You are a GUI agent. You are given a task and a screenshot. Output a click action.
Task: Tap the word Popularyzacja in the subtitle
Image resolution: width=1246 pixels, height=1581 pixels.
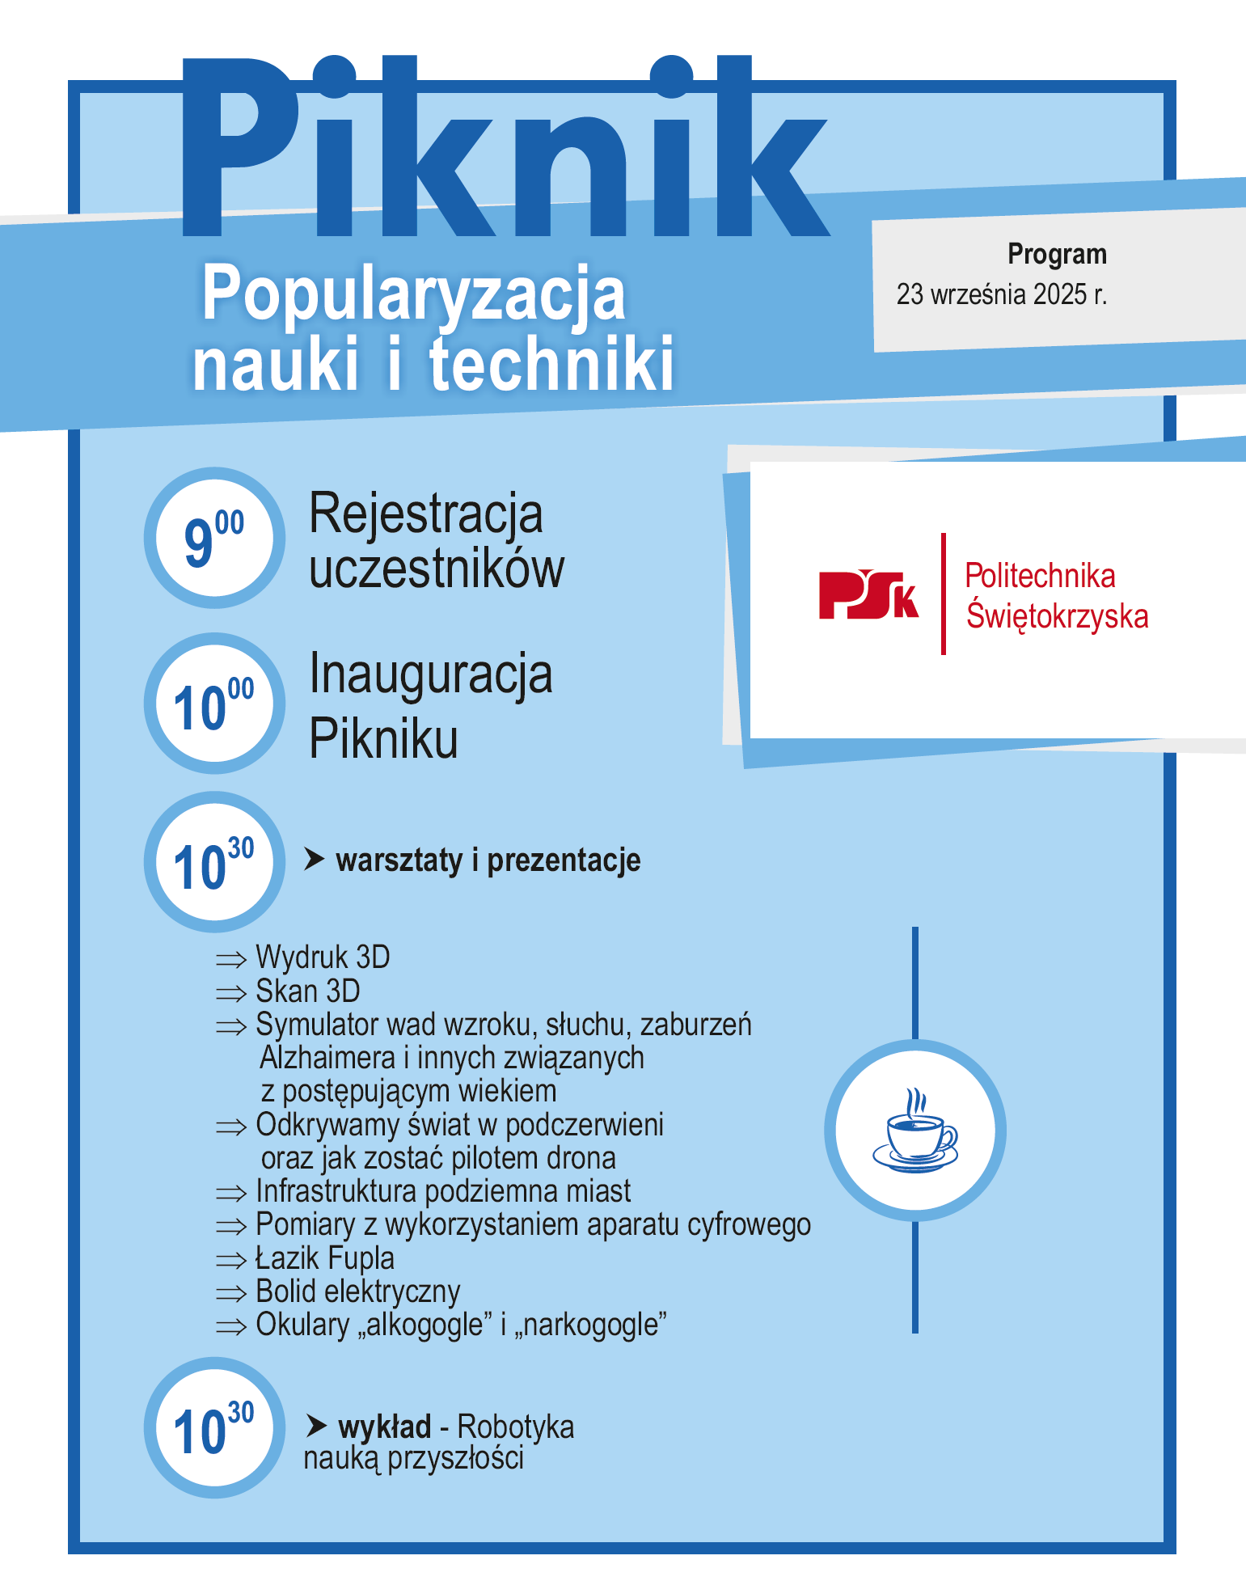click(413, 294)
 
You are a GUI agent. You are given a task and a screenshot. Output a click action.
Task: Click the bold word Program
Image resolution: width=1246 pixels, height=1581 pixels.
click(1056, 254)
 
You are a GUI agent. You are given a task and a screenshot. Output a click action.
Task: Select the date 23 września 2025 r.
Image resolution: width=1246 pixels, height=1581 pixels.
click(1001, 294)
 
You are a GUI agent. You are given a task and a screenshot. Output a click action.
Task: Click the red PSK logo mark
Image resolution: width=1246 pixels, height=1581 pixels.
click(868, 594)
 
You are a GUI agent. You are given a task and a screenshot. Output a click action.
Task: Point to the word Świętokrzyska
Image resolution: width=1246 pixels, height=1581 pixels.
click(1057, 615)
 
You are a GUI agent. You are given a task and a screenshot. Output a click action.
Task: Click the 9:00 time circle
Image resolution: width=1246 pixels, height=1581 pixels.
click(214, 538)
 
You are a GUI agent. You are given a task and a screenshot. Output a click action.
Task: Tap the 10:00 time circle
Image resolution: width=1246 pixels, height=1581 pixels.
click(214, 704)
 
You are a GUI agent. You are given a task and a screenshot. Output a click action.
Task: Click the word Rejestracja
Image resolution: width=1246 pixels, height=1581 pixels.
click(425, 514)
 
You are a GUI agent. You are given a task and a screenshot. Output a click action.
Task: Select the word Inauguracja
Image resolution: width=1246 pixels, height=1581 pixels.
click(430, 674)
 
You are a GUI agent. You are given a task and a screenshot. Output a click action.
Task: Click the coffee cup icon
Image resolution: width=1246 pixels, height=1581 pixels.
click(915, 1131)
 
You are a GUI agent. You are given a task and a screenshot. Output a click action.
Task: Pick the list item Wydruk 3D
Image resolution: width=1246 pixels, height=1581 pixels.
click(323, 957)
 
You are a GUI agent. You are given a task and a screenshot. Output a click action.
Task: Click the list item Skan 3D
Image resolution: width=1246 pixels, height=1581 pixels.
click(307, 991)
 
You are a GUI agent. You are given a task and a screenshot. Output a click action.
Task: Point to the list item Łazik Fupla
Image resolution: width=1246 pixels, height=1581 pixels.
click(325, 1258)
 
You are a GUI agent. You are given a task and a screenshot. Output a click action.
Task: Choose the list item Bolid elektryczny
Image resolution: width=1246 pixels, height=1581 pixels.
click(357, 1291)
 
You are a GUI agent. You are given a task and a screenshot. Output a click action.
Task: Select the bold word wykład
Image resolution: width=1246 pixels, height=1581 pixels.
click(384, 1427)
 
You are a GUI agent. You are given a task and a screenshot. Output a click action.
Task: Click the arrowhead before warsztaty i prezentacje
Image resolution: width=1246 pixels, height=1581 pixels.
click(314, 860)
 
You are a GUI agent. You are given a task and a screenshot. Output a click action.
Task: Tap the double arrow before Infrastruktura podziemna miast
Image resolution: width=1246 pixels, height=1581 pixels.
click(231, 1193)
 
